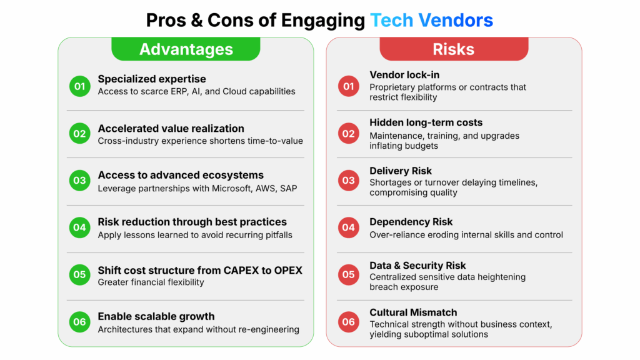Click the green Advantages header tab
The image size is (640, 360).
pos(186,49)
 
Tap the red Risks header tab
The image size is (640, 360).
pos(454,49)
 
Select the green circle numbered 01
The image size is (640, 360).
pos(79,86)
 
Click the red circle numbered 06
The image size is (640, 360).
pos(349,322)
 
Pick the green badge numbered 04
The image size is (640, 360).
pos(79,227)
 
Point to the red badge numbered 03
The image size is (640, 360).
pos(349,181)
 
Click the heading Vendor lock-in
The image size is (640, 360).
pos(399,75)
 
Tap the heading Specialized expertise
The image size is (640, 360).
pos(152,79)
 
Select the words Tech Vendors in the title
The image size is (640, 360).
pos(431,20)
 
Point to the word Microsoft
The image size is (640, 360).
pos(231,188)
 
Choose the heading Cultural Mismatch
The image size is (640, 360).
pos(413,312)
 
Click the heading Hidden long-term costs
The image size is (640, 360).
pos(426,122)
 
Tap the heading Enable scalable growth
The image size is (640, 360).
pos(156,316)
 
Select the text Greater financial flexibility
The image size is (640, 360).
pos(151,282)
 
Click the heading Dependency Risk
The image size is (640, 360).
pos(411,222)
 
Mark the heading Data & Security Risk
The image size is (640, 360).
pos(417,265)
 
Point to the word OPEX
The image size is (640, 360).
pos(288,270)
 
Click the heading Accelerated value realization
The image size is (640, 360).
pos(171,128)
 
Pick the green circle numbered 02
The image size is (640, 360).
pos(79,134)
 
